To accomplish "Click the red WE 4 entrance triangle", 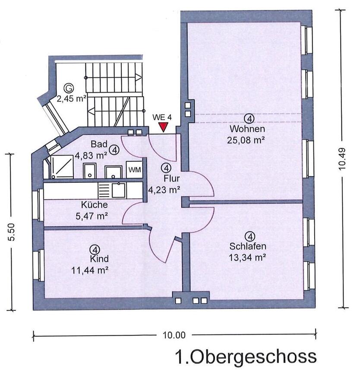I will click(x=163, y=127).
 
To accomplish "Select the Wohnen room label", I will click(x=247, y=129).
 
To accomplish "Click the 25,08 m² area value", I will click(x=246, y=140).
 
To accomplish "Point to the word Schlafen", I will click(x=248, y=247).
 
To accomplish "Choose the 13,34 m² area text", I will click(x=246, y=258).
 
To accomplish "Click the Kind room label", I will click(x=99, y=259).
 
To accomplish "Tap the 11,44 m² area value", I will click(x=89, y=270).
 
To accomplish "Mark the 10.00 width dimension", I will click(x=174, y=334).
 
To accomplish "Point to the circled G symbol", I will click(x=66, y=87).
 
